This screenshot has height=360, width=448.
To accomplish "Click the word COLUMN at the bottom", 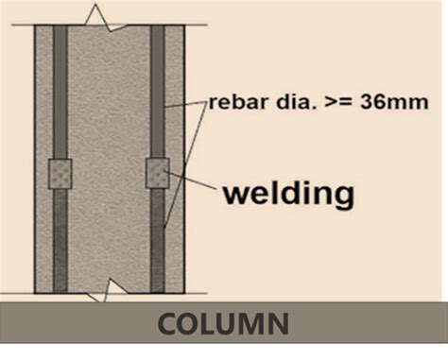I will (224, 326).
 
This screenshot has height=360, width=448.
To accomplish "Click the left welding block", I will (60, 172).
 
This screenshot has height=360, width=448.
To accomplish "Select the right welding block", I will (157, 172).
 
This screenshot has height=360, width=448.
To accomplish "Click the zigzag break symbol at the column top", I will (99, 17).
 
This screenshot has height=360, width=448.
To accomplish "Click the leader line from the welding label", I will (194, 185).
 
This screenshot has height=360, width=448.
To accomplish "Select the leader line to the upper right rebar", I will (186, 106).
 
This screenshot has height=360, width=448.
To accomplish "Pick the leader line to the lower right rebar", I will (184, 165).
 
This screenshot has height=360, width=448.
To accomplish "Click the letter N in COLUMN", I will (278, 326).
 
